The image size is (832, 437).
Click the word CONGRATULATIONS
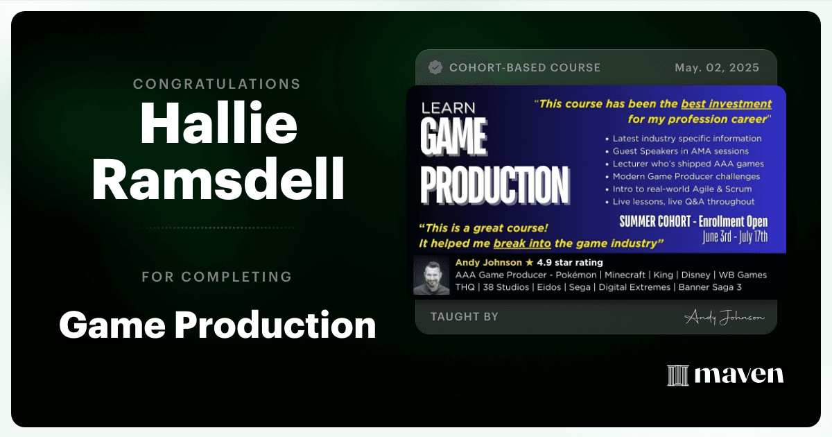click(217, 84)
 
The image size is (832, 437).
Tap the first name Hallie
click(219, 123)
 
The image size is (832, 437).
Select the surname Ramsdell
click(218, 179)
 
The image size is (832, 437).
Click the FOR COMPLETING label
click(217, 277)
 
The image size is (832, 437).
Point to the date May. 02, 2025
click(717, 68)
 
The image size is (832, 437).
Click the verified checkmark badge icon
click(435, 68)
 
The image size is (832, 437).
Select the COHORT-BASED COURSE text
click(525, 68)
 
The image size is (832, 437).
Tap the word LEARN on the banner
click(449, 108)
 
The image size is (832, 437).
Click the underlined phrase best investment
click(726, 104)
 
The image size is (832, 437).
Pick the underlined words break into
click(522, 243)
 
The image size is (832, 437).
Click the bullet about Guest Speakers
click(677, 151)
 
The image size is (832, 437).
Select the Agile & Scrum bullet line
click(679, 189)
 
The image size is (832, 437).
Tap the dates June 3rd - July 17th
click(735, 237)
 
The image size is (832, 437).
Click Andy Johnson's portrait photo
click(431, 275)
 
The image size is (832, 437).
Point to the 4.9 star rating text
click(570, 263)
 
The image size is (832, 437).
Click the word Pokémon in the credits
click(575, 275)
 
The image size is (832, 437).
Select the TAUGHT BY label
click(465, 316)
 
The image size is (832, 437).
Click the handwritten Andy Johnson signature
click(724, 317)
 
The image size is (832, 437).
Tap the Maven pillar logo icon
click(678, 375)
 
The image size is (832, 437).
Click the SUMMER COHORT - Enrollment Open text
click(693, 222)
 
